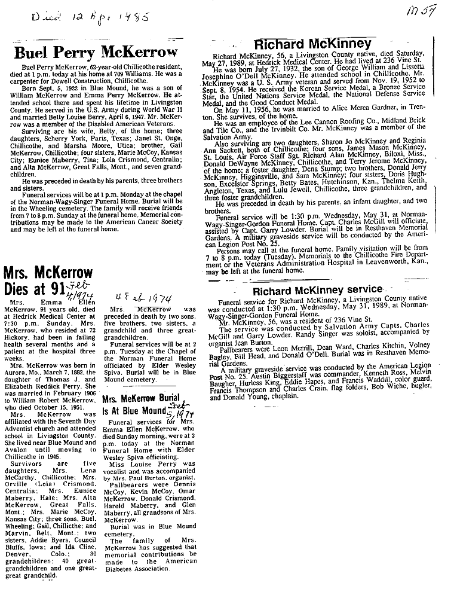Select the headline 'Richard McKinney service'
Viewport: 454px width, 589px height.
(x=317, y=289)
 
